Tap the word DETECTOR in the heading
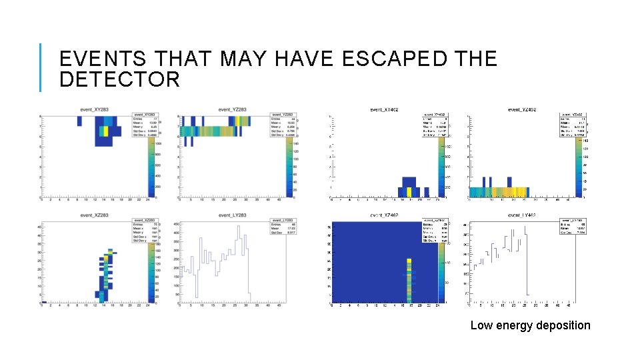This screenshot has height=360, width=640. click(x=119, y=80)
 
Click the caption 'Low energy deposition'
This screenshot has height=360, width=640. click(x=530, y=325)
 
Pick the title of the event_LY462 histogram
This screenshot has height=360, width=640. click(x=522, y=215)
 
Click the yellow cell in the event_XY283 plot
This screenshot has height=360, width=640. click(x=103, y=131)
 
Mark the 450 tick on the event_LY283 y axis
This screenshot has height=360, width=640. click(x=176, y=225)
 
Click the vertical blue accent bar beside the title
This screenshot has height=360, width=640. click(x=41, y=67)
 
